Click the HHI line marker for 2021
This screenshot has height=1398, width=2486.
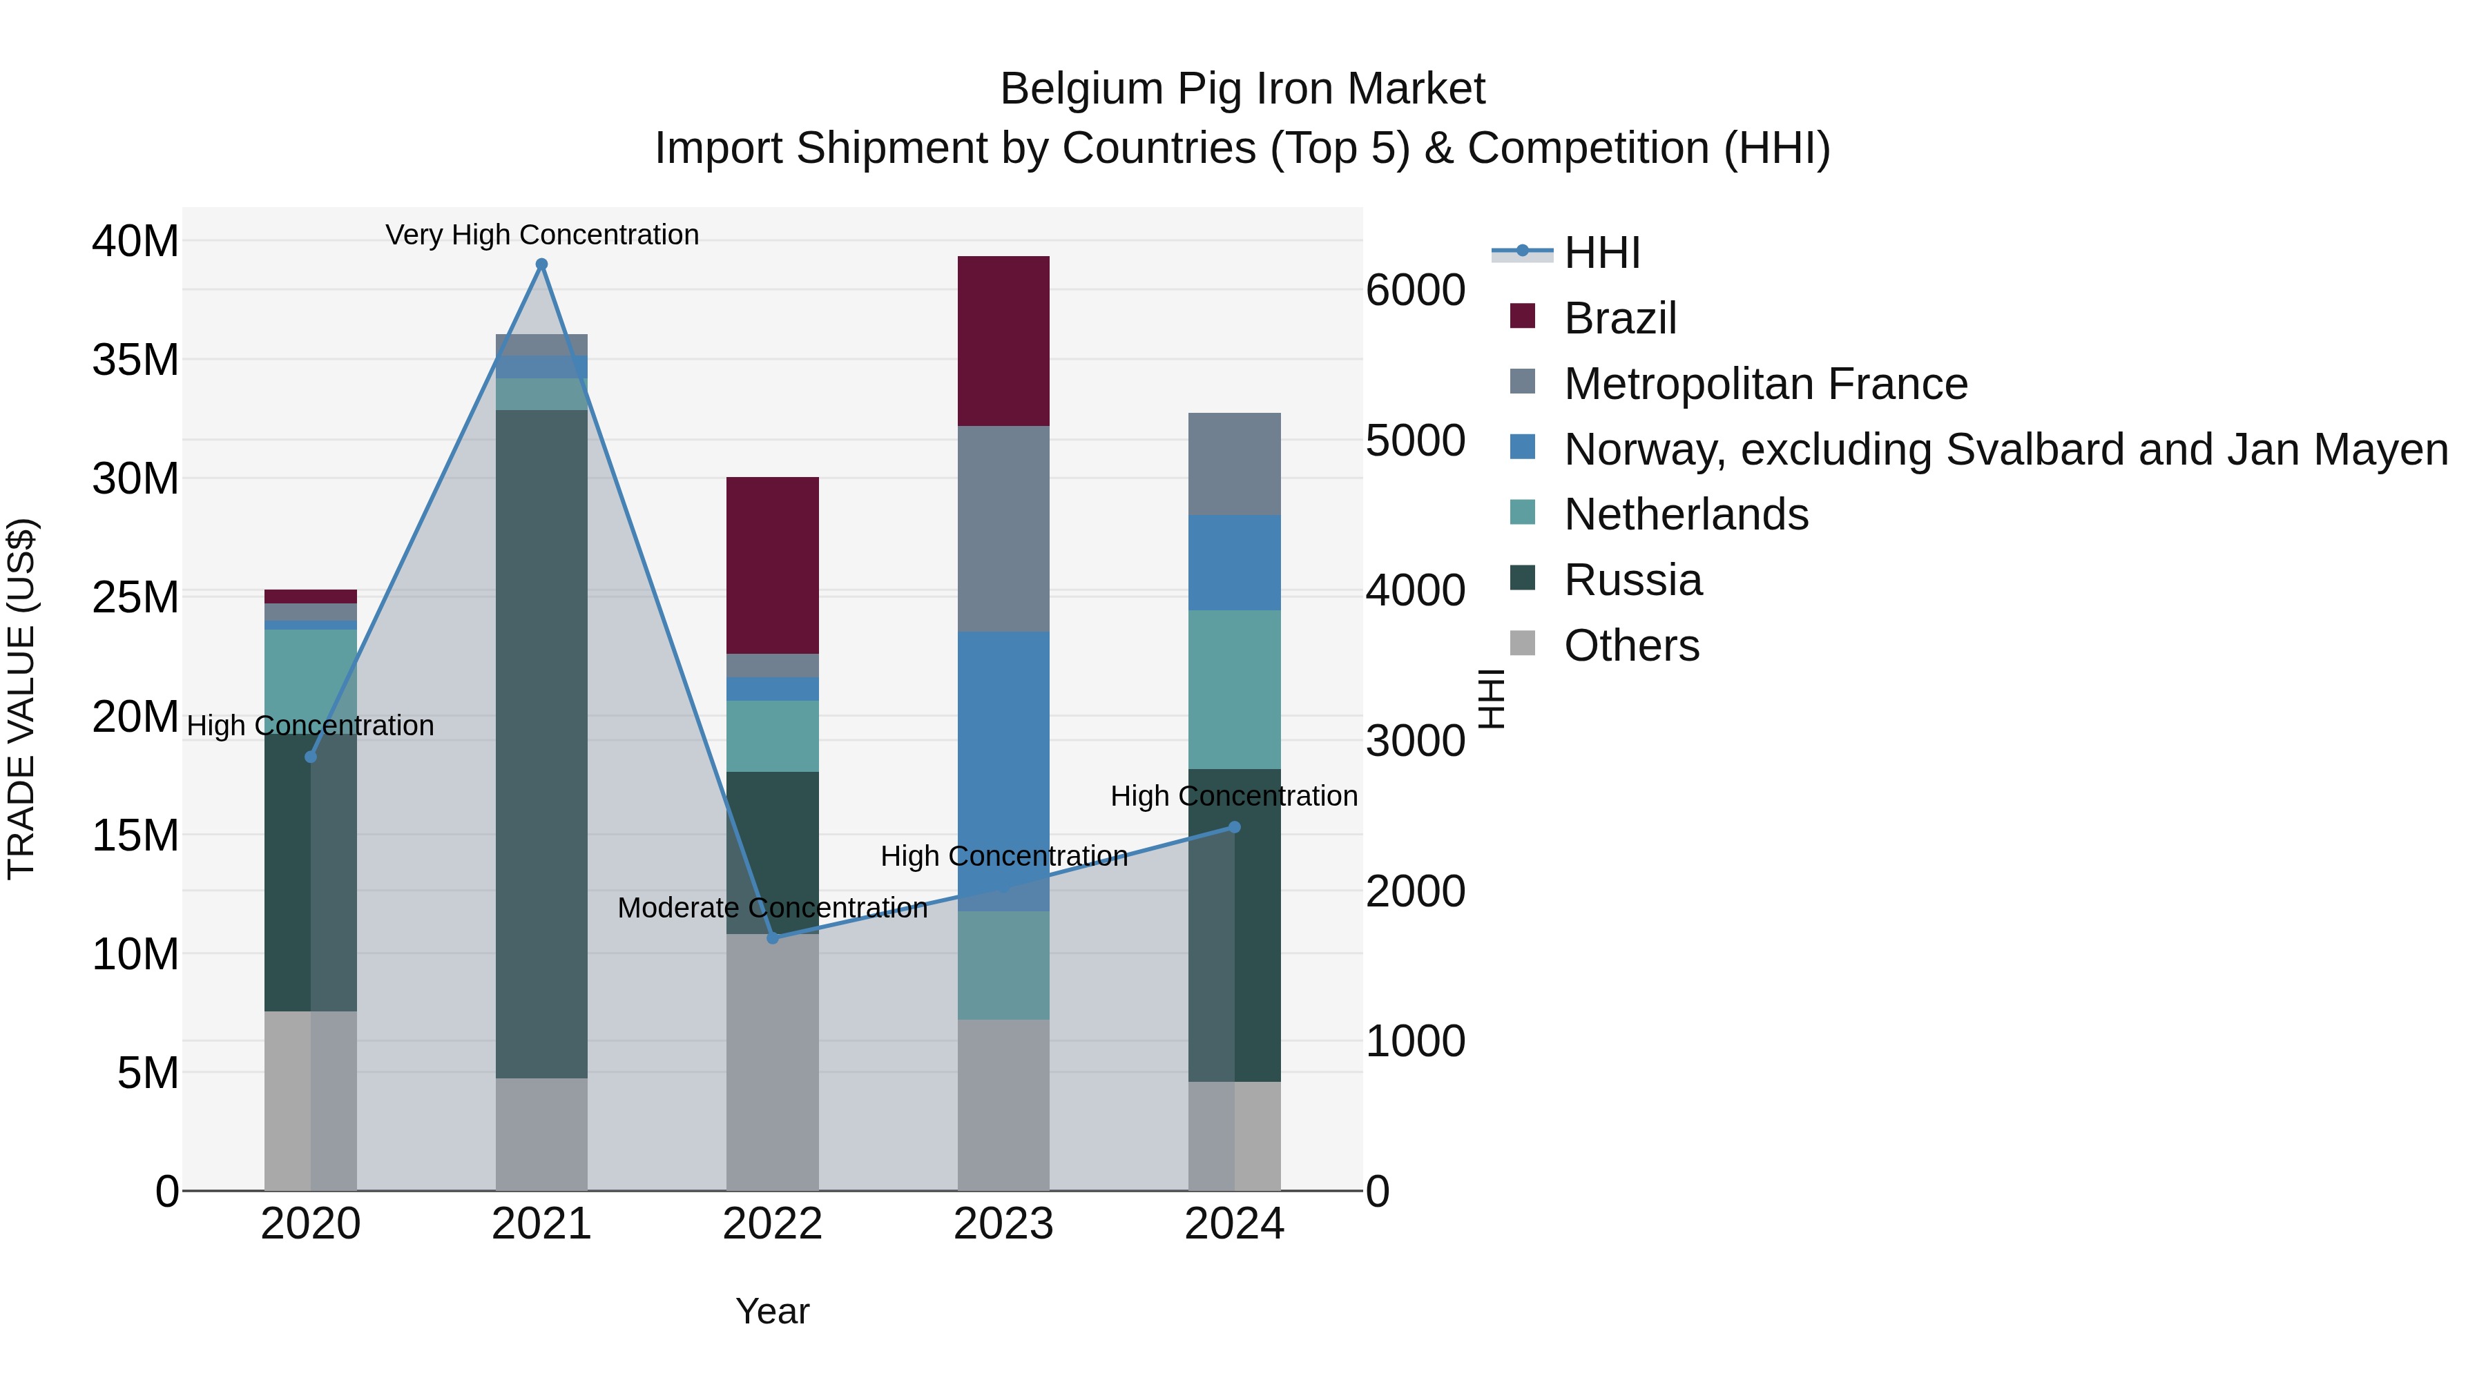pos(541,264)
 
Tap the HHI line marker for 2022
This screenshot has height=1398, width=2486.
pos(772,938)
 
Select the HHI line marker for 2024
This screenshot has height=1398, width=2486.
pos(1234,827)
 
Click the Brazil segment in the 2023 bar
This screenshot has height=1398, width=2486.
pos(1003,340)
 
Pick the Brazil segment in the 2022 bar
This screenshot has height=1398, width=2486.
pos(772,565)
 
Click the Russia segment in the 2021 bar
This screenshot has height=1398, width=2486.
pos(541,743)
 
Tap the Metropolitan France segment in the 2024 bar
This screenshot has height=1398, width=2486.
pos(1234,464)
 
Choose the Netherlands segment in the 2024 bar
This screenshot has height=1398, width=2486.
pos(1234,689)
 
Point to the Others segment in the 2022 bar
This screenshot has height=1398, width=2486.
pos(772,1061)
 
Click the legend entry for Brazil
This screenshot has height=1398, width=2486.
pos(1620,318)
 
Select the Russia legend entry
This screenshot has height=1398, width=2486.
pos(1633,580)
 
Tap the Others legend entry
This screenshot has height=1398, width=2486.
pos(1631,645)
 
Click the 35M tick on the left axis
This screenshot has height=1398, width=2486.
pos(135,360)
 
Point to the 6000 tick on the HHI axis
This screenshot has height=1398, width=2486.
pos(1416,291)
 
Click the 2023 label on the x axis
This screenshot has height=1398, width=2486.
pos(1003,1224)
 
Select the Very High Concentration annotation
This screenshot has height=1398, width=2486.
pos(542,235)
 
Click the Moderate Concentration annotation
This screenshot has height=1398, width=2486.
pos(772,908)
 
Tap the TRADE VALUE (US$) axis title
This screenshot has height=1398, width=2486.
pos(21,699)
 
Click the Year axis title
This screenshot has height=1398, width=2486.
pos(772,1311)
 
